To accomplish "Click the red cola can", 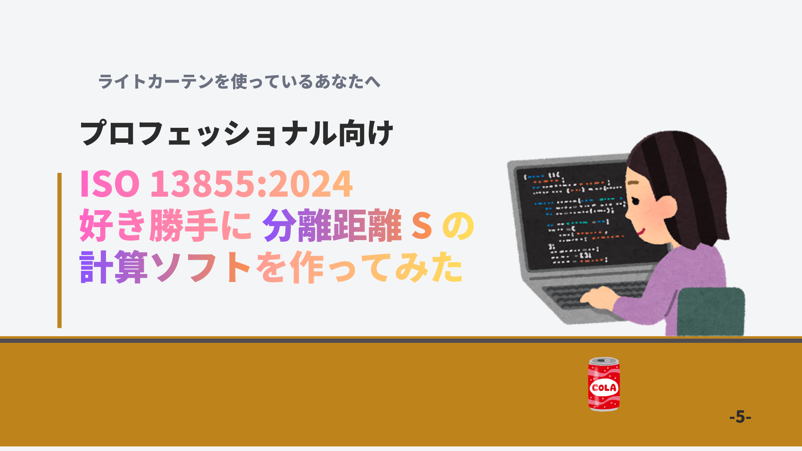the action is (x=604, y=384).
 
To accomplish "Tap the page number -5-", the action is (x=740, y=417).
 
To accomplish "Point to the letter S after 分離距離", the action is (x=421, y=225).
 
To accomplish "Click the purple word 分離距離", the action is (x=332, y=225).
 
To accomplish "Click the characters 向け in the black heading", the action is (x=365, y=133).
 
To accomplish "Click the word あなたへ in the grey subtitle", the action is (x=348, y=81).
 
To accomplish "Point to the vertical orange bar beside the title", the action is (x=59, y=250).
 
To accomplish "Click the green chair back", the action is (x=711, y=312).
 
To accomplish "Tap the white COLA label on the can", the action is (x=604, y=388).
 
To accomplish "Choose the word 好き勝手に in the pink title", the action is (x=165, y=225).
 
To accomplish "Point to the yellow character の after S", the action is (x=458, y=226).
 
